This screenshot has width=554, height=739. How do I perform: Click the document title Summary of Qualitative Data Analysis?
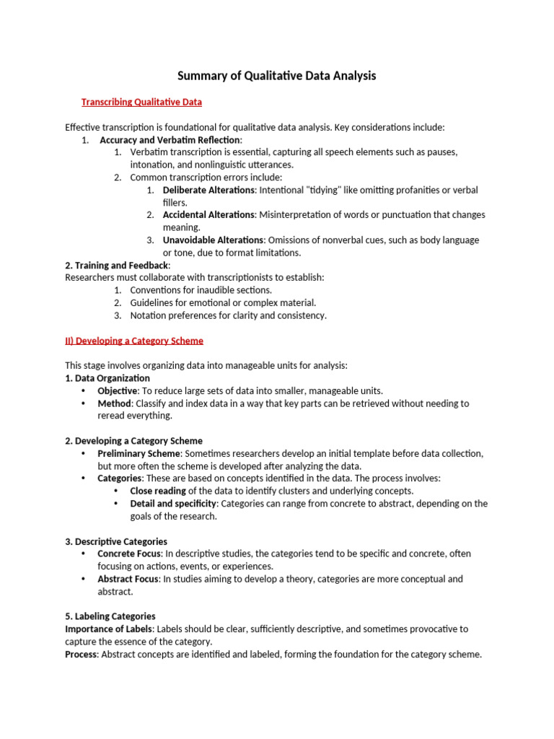tap(277, 76)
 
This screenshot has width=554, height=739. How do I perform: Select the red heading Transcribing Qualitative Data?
tap(141, 102)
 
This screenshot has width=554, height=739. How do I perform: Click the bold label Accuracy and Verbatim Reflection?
tap(170, 140)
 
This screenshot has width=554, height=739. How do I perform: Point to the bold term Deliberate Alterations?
tap(208, 190)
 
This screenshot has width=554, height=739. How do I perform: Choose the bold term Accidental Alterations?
tap(208, 215)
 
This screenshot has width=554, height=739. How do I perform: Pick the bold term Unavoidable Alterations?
tap(213, 240)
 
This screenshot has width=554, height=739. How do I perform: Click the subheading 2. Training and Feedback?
tap(118, 266)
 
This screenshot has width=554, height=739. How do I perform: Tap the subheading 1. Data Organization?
tap(107, 378)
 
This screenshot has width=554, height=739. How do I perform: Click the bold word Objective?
tap(117, 390)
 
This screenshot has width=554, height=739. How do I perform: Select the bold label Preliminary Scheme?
tap(138, 453)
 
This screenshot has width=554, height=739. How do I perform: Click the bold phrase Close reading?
tap(158, 491)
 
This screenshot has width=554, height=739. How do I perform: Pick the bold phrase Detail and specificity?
tap(172, 504)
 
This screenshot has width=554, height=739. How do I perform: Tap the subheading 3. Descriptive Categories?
tap(116, 541)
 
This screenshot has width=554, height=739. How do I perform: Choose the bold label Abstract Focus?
tap(126, 579)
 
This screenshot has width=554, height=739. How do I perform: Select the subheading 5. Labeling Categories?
tap(110, 616)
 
